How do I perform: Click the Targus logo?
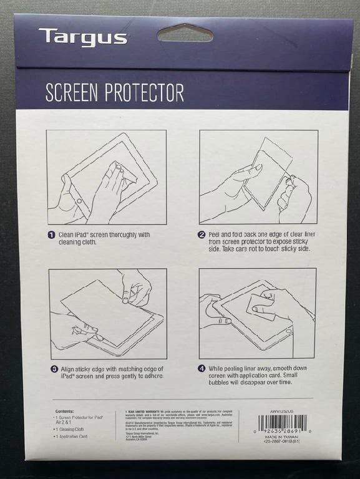point(82,37)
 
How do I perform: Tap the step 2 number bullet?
point(202,235)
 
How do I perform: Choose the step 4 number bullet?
point(202,369)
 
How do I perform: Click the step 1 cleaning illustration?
point(106,177)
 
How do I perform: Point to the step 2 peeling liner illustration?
point(258,177)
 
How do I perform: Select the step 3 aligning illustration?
point(107,313)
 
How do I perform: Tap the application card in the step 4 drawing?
point(260,307)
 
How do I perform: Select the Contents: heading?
point(64,411)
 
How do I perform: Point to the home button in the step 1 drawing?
point(79,200)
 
